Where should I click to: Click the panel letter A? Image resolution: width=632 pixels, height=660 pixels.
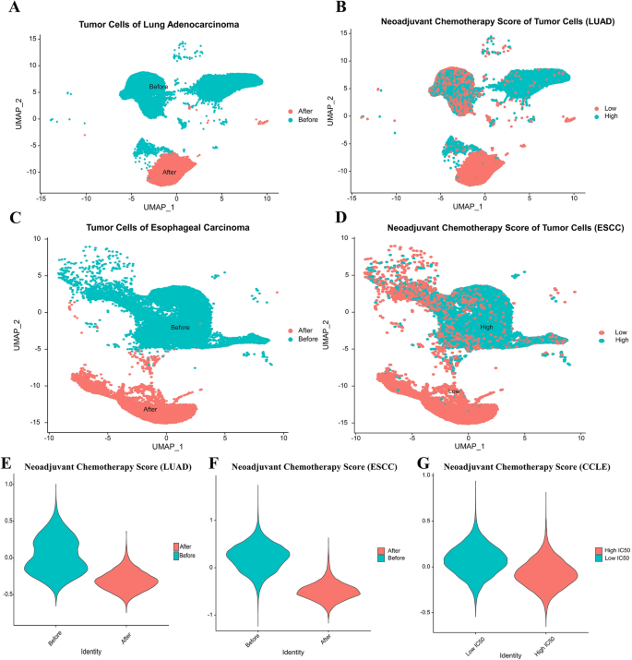[x=15, y=11]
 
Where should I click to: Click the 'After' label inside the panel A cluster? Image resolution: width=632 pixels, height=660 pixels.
[x=170, y=172]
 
